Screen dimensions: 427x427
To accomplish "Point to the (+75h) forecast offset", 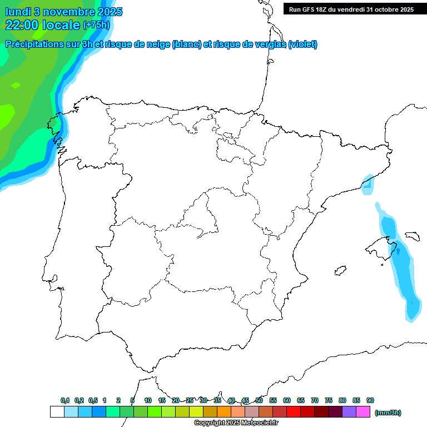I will point(96,25).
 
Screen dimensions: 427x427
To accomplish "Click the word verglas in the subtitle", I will point(267,44).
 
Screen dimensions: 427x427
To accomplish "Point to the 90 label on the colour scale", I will point(370,400).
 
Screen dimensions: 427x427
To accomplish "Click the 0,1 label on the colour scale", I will point(65,400).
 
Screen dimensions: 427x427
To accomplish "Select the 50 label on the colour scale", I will point(259,400).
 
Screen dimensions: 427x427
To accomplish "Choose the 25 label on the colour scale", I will point(190,400).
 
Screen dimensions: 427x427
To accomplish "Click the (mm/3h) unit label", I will point(388,413).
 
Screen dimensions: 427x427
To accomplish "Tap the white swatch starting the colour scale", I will point(57,411).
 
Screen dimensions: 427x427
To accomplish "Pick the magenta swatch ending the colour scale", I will point(363,411).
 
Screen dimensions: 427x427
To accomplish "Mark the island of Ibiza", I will point(339,271).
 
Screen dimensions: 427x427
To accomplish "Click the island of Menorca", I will point(412,236).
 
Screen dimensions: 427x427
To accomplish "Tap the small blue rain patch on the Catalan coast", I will point(368,185).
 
